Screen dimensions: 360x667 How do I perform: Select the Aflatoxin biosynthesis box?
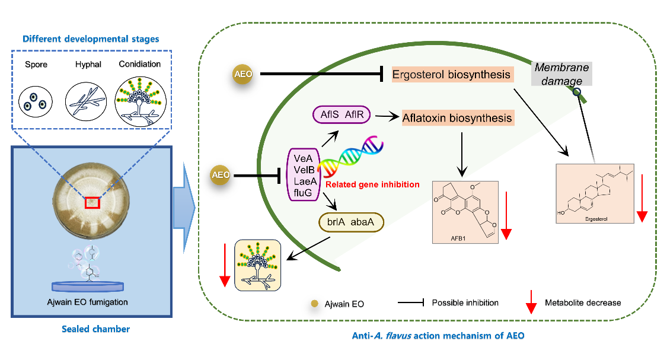(457, 118)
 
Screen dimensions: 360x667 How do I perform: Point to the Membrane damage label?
(557, 74)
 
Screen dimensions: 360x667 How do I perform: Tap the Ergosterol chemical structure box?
(595, 193)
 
